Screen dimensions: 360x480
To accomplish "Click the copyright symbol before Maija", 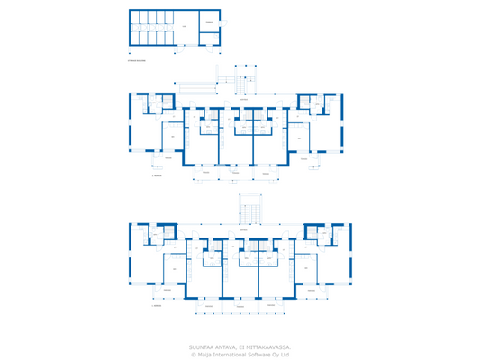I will tap(193, 355).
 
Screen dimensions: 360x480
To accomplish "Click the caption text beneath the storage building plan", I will tap(137, 62).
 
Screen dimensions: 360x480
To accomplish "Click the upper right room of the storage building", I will tap(209, 21).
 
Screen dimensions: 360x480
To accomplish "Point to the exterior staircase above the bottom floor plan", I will tap(249, 211).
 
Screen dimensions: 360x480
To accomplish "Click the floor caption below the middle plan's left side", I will tap(158, 176).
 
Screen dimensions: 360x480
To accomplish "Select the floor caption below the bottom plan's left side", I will tap(158, 305).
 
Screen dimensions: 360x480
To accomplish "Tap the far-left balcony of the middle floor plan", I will tap(158, 164).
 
